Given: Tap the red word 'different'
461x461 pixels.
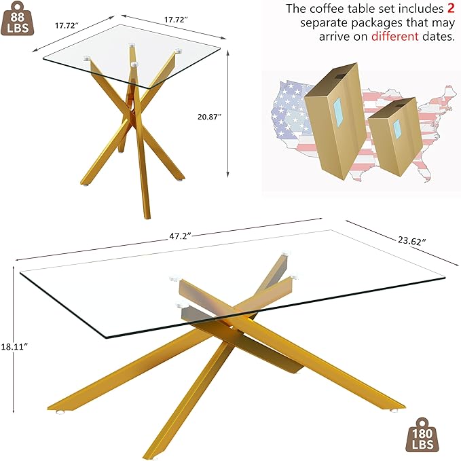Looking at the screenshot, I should pos(394,36).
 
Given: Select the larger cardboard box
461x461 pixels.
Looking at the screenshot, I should pos(335,126).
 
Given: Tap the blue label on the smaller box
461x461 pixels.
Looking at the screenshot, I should pos(399,128).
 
